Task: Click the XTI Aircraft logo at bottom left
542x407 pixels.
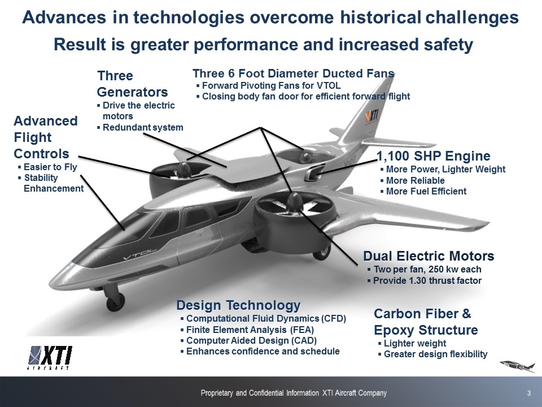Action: pos(50,357)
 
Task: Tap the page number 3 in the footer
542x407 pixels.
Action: pos(529,393)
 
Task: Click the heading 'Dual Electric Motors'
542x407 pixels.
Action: pos(429,256)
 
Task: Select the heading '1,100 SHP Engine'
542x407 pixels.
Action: pos(434,156)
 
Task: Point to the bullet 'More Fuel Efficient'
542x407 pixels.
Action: pos(426,192)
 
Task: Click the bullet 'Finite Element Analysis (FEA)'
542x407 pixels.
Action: pos(250,330)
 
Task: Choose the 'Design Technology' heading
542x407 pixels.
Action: pos(238,305)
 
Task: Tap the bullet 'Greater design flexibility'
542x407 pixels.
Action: pos(435,354)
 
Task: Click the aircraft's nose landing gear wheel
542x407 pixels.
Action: pos(115,302)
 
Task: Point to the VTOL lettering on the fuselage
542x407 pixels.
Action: pos(140,254)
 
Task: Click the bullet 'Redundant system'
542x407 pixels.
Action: pos(143,127)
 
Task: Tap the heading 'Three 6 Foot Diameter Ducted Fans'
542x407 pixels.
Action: pos(294,73)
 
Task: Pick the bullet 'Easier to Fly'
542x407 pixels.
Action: pos(50,167)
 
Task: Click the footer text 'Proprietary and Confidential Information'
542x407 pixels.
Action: pos(260,393)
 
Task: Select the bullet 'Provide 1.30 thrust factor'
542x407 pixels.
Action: pos(427,281)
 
